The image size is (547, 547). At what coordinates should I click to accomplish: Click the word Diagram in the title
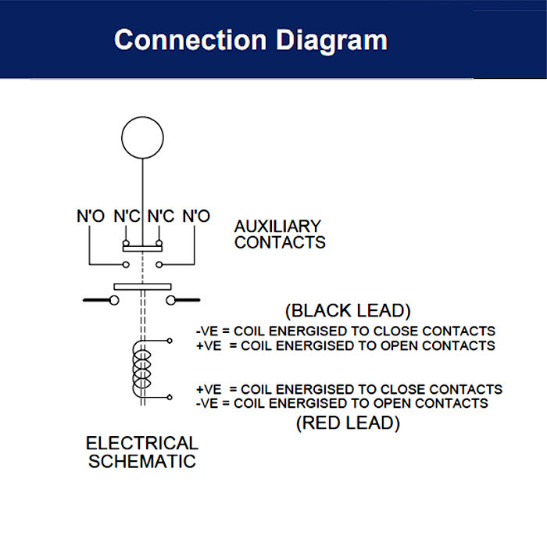coord(335,40)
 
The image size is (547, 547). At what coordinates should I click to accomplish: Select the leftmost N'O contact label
coord(90,216)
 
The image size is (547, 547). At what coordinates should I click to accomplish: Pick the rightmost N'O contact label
coord(195,216)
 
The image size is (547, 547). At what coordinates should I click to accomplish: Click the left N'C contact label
coord(127,216)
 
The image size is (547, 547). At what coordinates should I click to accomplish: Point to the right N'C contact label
coord(160,216)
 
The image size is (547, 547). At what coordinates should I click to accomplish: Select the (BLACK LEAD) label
coord(349,310)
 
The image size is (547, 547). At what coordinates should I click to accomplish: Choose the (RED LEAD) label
coord(349,424)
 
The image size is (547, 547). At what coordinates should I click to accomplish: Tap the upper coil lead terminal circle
coord(170,341)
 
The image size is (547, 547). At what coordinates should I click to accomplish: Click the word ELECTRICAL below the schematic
coord(141,444)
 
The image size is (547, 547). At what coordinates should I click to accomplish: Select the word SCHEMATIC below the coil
coord(141,461)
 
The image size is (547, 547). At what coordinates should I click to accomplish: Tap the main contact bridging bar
coord(142,287)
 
